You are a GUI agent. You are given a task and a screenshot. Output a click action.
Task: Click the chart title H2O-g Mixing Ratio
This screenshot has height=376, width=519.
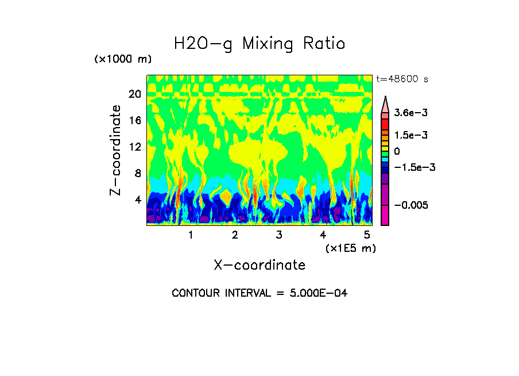click(x=259, y=44)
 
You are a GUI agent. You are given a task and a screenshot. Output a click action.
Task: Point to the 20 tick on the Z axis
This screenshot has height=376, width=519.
click(x=134, y=94)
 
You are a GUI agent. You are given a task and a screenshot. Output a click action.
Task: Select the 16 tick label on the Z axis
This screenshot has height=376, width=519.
click(x=134, y=121)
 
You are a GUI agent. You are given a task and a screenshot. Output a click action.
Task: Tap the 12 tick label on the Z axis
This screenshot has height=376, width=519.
click(x=134, y=147)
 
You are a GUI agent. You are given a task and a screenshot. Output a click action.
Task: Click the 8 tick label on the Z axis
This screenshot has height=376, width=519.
click(x=137, y=174)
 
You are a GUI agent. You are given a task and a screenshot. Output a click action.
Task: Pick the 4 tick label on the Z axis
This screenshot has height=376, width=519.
click(x=137, y=200)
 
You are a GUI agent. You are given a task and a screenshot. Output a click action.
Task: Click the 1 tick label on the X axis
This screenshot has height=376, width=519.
click(x=191, y=235)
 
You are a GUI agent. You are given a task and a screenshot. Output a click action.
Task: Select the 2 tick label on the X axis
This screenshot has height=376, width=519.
click(x=235, y=235)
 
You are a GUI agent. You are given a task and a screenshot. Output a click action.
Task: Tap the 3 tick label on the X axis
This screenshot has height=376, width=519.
click(x=278, y=235)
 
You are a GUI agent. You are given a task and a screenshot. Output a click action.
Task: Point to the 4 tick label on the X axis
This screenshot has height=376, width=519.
click(x=323, y=235)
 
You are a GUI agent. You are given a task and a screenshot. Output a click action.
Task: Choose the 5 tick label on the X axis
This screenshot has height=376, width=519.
click(x=366, y=235)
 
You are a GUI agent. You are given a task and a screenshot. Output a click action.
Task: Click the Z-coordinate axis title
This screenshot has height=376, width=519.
click(x=116, y=150)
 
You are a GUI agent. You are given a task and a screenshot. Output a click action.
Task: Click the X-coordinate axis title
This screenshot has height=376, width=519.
click(x=259, y=265)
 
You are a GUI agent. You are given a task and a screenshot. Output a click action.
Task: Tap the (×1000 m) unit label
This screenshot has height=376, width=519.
click(x=122, y=60)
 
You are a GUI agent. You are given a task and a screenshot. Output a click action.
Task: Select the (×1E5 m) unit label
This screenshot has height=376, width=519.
click(x=350, y=248)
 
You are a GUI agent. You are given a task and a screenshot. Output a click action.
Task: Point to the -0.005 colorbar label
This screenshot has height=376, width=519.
click(x=411, y=206)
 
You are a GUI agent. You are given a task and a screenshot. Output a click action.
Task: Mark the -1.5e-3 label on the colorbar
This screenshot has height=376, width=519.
click(x=414, y=167)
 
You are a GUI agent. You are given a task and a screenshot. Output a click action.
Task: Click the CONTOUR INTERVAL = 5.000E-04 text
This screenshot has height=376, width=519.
click(x=259, y=293)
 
